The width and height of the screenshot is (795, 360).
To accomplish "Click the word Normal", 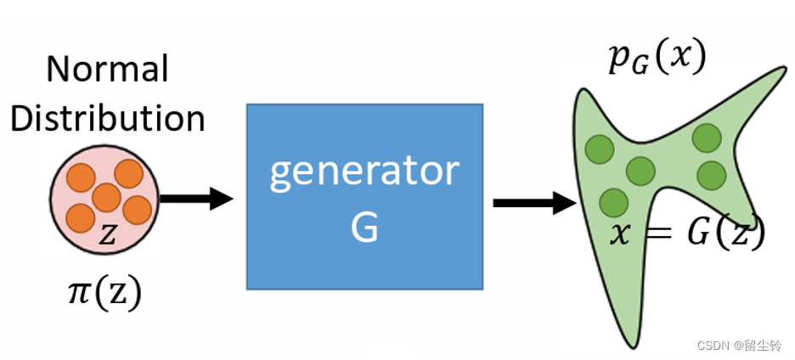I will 108,69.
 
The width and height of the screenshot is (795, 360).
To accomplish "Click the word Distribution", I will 108,118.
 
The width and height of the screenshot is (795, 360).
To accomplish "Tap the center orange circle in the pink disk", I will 107,197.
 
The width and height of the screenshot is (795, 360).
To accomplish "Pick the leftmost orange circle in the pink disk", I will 80,217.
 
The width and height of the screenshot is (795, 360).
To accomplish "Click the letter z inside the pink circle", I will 108,235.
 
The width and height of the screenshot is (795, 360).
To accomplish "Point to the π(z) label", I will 104,293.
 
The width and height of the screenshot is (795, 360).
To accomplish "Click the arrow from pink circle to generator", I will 195,200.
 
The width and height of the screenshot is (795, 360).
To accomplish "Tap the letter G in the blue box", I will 364,227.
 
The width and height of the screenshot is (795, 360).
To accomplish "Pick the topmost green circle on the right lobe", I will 707,137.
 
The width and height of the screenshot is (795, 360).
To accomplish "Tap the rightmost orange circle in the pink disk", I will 136,208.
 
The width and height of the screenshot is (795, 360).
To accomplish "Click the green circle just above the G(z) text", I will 712,176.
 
